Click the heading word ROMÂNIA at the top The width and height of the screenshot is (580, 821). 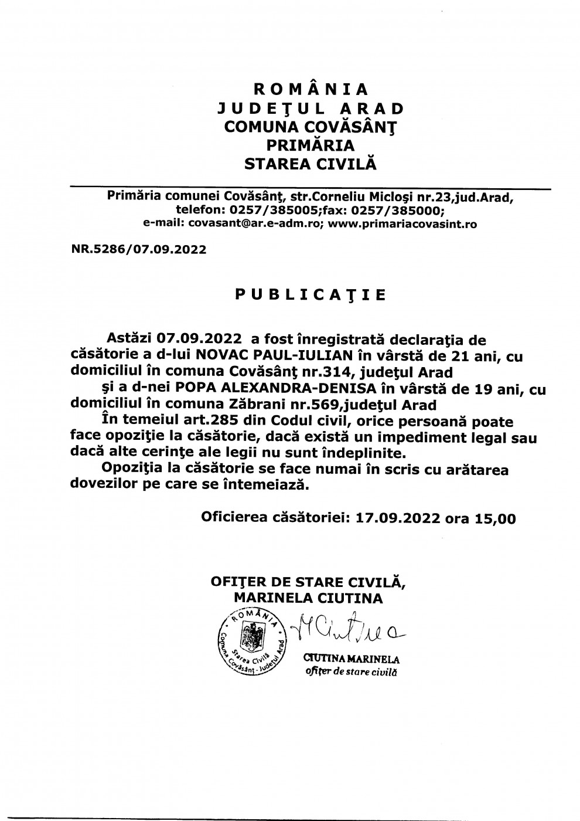click(x=311, y=89)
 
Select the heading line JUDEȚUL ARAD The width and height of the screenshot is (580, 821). click(x=311, y=108)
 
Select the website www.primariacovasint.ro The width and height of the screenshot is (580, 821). click(x=397, y=223)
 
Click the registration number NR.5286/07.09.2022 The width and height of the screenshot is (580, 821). click(x=139, y=250)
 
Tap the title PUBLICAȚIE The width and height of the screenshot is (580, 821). click(x=311, y=294)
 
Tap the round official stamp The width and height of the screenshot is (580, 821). click(x=249, y=641)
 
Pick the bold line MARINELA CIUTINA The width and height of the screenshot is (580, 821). click(x=308, y=598)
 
